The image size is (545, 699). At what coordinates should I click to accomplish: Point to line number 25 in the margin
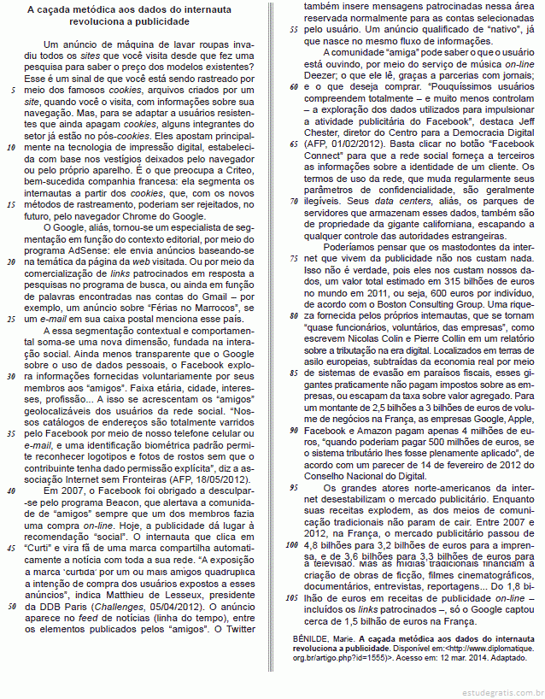pos(12,319)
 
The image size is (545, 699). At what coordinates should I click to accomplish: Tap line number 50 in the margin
pos(12,606)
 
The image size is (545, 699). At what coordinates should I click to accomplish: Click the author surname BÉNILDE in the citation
pos(316,638)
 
